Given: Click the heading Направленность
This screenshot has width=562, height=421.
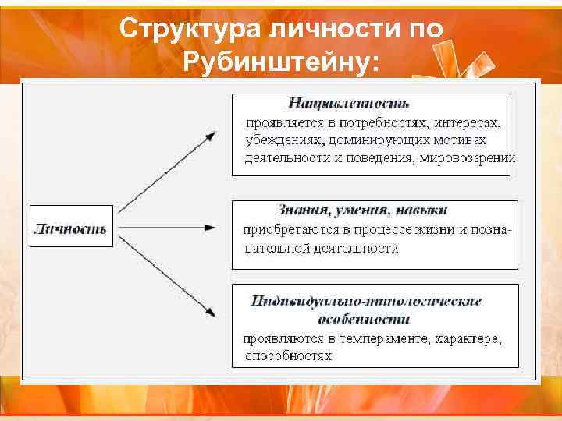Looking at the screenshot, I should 349,103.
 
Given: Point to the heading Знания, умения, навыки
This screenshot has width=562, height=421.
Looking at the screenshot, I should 363,210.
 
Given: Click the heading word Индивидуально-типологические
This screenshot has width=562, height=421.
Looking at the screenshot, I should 366,301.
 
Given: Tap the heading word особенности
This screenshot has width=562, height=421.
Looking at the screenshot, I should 365,320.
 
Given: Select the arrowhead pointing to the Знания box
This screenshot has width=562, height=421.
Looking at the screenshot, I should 211,228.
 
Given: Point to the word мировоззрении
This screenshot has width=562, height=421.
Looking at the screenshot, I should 468,157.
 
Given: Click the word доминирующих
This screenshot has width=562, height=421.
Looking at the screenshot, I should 368,140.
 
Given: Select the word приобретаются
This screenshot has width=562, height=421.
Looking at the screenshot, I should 288,231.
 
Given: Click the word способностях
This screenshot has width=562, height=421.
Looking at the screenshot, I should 288,357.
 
